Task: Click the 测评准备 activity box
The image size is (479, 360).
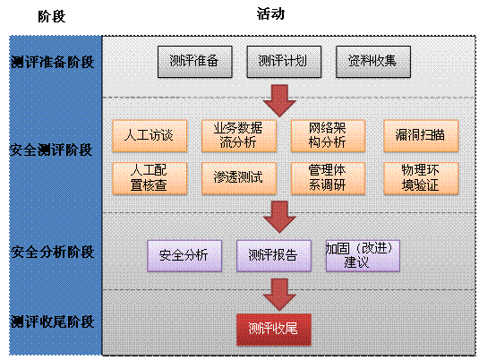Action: point(195,62)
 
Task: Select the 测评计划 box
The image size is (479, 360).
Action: point(284,62)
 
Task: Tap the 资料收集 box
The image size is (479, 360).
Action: point(373,62)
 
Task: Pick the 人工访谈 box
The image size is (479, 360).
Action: point(150,136)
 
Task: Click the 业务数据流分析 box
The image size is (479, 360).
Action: point(239,136)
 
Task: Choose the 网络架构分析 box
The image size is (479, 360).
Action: point(328,136)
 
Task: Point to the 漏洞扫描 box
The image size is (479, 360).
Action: point(421,136)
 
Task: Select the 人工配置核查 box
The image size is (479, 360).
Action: point(150,178)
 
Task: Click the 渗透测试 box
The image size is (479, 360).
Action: point(239,178)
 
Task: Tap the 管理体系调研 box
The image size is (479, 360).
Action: point(328,178)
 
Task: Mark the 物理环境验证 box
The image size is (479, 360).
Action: point(421,178)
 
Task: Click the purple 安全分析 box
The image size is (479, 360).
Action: point(184,256)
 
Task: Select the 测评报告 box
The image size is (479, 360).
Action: point(274,256)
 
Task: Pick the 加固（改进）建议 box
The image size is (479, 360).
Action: point(363,256)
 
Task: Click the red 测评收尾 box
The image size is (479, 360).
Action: point(274,330)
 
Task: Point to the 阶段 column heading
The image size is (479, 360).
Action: point(52,16)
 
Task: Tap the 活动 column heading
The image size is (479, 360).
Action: point(270,14)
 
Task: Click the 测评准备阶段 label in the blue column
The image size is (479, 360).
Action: point(52,62)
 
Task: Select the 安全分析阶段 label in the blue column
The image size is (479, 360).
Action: point(52,253)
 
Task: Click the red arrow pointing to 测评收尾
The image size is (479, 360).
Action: point(279,294)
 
